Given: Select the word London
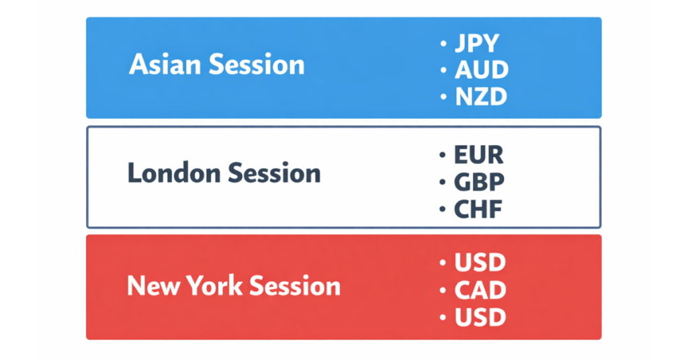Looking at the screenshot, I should [x=173, y=174].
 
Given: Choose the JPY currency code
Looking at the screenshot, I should [x=477, y=44].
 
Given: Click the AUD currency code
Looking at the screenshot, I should [x=481, y=70].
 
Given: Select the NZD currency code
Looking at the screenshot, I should [x=480, y=97].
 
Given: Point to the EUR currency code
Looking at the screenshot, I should [x=478, y=155].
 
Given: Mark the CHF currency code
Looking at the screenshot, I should [x=478, y=210].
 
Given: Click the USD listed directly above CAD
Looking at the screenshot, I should [x=480, y=263].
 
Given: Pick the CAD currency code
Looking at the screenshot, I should [x=480, y=290].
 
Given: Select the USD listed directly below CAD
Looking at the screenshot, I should [x=480, y=317].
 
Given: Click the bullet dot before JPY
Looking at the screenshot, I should [x=443, y=44].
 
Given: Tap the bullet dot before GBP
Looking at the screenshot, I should [x=442, y=182].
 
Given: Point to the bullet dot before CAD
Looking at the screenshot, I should [x=443, y=290].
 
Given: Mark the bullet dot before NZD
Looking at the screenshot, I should [x=443, y=97].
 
